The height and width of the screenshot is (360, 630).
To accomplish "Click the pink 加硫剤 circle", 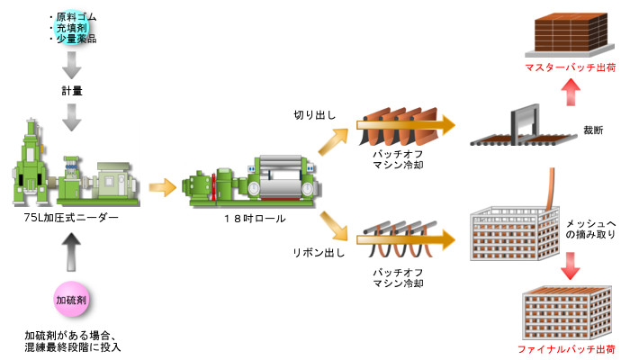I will (71, 299).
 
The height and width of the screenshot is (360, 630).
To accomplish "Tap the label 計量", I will (72, 91).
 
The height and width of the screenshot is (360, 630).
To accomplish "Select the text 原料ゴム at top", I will (76, 17).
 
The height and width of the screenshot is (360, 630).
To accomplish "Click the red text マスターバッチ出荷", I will (570, 67).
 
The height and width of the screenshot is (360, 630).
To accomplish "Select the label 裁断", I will (592, 130).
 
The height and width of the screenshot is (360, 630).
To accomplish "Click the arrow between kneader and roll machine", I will (163, 187).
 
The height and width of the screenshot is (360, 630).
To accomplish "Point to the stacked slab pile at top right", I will (571, 32).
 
